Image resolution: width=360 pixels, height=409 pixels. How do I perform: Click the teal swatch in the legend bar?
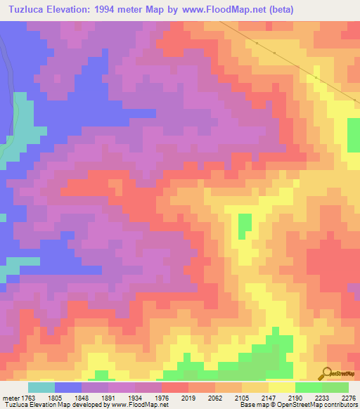click(x=41, y=387)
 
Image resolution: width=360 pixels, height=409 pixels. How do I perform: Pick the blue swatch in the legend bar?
click(x=68, y=387)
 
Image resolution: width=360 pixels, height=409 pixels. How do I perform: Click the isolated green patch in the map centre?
click(x=244, y=226)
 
